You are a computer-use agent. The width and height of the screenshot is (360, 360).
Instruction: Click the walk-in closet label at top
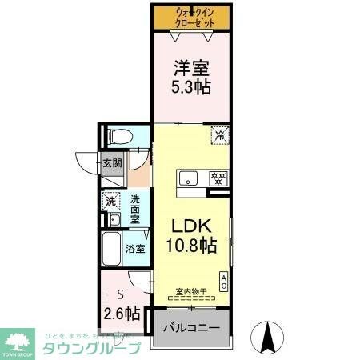[195, 18]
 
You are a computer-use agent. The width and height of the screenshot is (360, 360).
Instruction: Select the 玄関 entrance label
[111, 165]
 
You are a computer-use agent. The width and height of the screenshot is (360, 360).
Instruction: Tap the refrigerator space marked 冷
[218, 135]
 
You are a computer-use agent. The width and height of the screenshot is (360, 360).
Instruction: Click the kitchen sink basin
[190, 178]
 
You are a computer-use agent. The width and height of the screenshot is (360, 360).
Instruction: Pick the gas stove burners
[216, 178]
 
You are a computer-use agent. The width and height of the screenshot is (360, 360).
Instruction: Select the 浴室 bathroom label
[135, 248]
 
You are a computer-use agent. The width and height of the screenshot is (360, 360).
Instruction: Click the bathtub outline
[111, 251]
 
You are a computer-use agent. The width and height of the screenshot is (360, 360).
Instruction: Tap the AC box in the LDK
[224, 281]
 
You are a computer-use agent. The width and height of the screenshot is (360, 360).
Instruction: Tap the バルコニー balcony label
[192, 329]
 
